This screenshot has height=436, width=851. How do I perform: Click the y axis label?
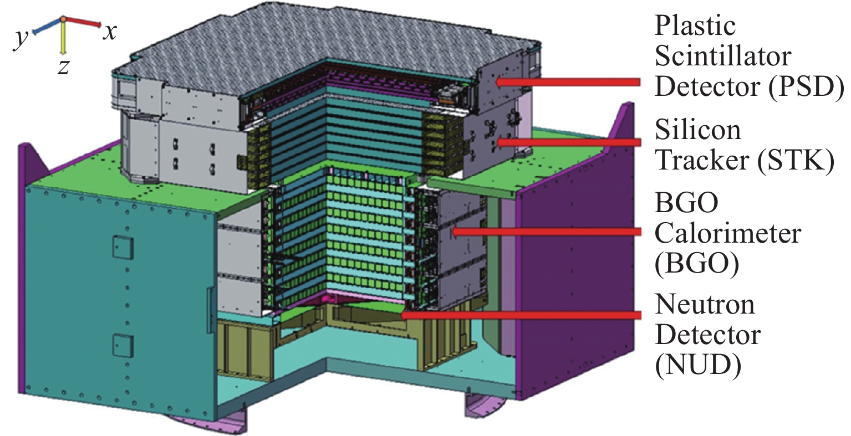(x=21, y=39)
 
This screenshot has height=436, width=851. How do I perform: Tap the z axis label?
(x=63, y=67)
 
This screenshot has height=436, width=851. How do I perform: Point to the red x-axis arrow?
(x=82, y=22)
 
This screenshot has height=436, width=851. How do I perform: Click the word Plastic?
(x=695, y=27)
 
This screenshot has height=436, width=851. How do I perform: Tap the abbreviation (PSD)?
(x=806, y=87)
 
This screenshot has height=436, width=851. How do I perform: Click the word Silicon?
(x=698, y=131)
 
